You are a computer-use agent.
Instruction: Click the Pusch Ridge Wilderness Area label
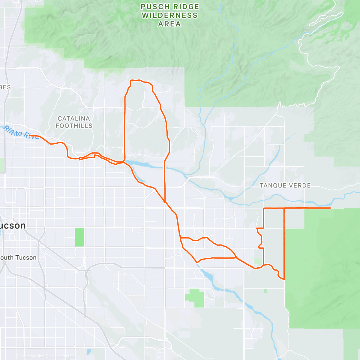click(169, 15)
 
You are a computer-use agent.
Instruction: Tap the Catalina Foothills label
click(74, 122)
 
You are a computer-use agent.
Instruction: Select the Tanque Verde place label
click(285, 185)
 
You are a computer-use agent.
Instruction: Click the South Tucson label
click(18, 257)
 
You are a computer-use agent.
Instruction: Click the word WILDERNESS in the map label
click(169, 15)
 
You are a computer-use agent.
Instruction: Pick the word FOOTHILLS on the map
click(74, 126)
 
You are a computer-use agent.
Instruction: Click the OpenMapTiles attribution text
click(31, 356)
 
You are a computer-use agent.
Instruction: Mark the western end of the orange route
click(29, 135)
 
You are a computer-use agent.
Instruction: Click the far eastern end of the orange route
click(331, 208)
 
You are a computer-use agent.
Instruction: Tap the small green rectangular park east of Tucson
click(79, 237)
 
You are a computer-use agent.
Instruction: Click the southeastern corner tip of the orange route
click(284, 280)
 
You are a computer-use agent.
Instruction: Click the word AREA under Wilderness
click(169, 24)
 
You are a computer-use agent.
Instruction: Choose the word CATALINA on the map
click(74, 118)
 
